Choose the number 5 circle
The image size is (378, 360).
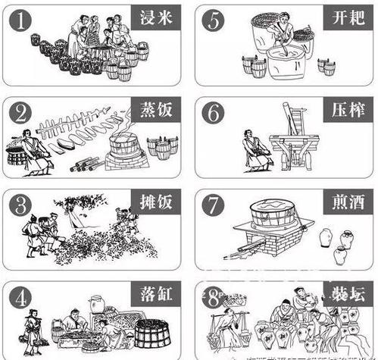pos(215,22)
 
